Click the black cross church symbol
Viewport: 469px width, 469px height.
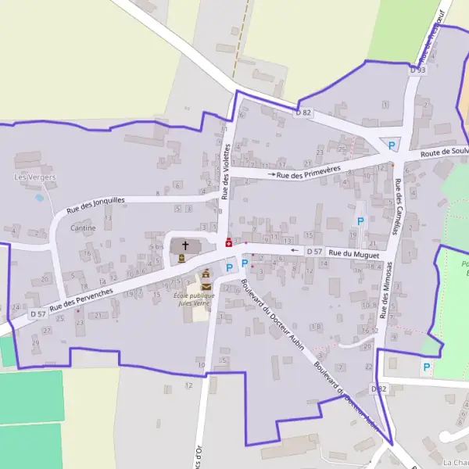pyautogui.click(x=185, y=245)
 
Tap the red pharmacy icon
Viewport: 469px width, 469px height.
pyautogui.click(x=228, y=242)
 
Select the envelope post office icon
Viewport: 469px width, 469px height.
pyautogui.click(x=206, y=286)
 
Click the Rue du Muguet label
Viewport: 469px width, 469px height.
pyautogui.click(x=353, y=253)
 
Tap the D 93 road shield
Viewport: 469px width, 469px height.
pyautogui.click(x=417, y=70)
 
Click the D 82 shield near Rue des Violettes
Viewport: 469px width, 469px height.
pyautogui.click(x=303, y=113)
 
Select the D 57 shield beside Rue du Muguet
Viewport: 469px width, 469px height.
pyautogui.click(x=314, y=251)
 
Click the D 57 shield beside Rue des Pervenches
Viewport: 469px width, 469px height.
pyautogui.click(x=38, y=313)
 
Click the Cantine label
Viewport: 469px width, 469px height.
pyautogui.click(x=83, y=228)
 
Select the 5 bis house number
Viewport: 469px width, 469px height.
pyautogui.click(x=156, y=246)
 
